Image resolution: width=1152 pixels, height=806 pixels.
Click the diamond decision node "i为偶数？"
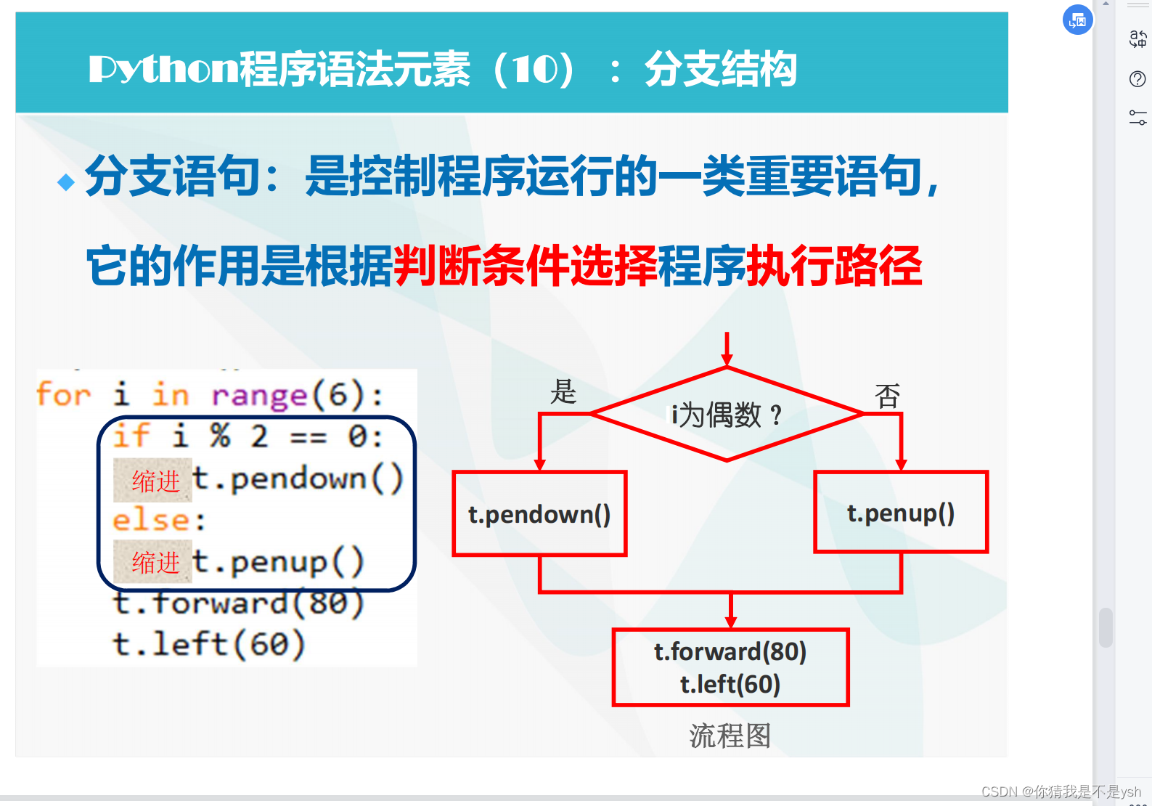pos(727,415)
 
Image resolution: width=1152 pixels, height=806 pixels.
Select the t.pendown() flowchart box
pos(539,513)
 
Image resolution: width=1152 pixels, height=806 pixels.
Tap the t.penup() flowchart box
pos(900,513)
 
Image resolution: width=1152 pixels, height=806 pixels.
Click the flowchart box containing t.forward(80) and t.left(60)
pos(730,667)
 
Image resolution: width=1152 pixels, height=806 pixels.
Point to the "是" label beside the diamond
pos(563,392)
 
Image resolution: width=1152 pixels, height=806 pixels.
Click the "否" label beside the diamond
pos(887,396)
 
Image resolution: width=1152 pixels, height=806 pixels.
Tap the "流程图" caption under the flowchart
pos(730,736)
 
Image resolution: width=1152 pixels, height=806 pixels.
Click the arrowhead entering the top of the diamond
pos(727,359)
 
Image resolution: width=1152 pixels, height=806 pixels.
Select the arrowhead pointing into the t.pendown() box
pos(540,464)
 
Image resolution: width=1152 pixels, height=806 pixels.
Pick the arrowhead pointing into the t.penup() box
pos(901,464)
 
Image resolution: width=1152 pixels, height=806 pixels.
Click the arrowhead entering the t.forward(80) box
pos(731,622)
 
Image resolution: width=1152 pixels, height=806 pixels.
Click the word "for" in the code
pos(64,395)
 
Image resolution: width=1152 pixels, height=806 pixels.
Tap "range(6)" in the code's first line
pos(287,395)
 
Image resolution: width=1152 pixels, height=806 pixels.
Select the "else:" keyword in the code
pos(159,520)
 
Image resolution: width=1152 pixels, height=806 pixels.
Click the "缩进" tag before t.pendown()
pos(153,481)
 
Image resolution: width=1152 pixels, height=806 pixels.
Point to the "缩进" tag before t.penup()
pos(153,562)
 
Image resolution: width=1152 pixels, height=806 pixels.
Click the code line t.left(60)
pos(208,644)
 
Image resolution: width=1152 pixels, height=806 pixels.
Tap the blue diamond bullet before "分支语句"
pos(66,182)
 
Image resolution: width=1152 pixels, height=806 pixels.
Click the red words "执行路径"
pos(834,266)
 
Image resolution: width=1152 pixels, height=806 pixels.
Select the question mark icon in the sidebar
pos(1137,78)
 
